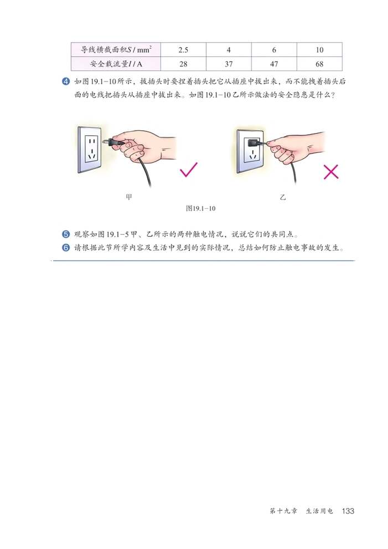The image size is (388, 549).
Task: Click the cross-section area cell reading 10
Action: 319,49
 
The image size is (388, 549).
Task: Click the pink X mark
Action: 330,172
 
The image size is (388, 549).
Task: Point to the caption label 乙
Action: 282,197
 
